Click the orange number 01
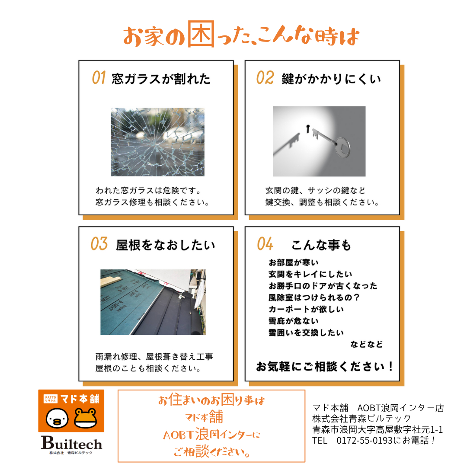[x=99, y=78]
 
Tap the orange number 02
[x=265, y=78]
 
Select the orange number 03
[x=99, y=244]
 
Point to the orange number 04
[x=265, y=244]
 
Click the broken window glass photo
[x=158, y=142]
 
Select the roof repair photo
[x=153, y=302]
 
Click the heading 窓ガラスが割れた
[x=161, y=79]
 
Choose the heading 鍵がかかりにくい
[x=331, y=79]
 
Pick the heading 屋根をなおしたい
[x=166, y=245]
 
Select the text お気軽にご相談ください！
[x=325, y=367]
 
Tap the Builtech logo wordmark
[x=71, y=443]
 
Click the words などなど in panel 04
[x=367, y=345]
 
